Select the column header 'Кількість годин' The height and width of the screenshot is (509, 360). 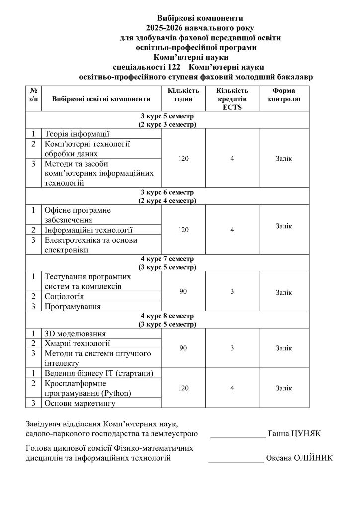tap(183, 95)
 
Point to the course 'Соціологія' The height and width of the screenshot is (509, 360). tap(64, 297)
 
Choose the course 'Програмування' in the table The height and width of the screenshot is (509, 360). tap(73, 307)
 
